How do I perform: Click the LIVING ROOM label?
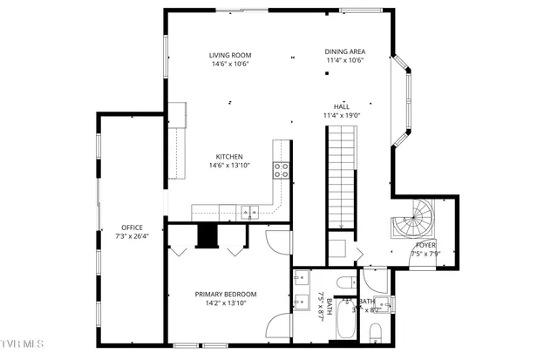(x=230, y=55)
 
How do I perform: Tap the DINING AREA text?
(x=344, y=51)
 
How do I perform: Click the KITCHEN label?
(x=229, y=157)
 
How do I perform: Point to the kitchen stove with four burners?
(x=282, y=169)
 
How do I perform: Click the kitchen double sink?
(x=248, y=211)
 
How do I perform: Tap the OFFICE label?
(x=132, y=228)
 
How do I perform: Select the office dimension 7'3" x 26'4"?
(x=132, y=236)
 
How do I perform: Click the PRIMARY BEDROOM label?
(x=226, y=294)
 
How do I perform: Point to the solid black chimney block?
(x=207, y=236)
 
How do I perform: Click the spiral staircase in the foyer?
(x=412, y=220)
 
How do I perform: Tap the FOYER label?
(x=426, y=245)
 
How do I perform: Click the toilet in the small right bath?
(x=377, y=333)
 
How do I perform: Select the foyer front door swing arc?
(x=425, y=261)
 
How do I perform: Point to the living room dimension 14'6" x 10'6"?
(x=230, y=64)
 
